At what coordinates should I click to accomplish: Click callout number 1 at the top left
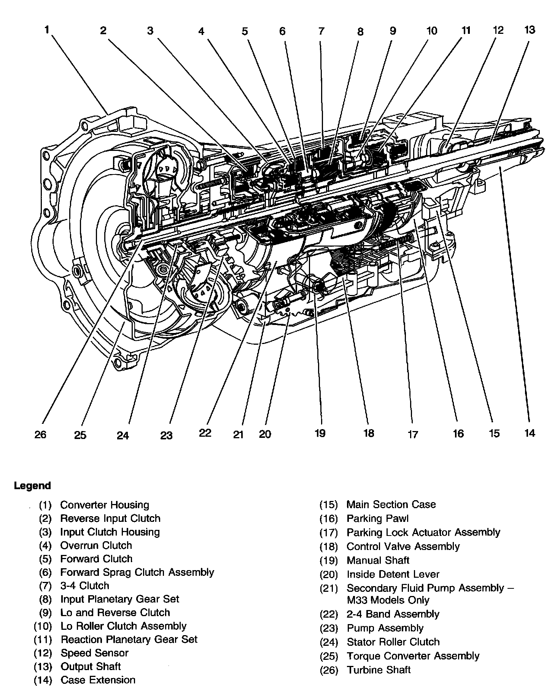pos(47,30)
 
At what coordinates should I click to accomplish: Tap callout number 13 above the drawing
pos(530,30)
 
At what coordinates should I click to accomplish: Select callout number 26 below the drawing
pos(40,434)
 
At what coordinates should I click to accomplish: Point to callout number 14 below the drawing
pos(530,433)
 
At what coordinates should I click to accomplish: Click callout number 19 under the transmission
pos(320,433)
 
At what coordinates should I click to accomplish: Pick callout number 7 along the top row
pos(321,31)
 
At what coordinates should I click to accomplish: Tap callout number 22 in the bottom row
pos(205,433)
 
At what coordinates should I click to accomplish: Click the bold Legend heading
pos(32,486)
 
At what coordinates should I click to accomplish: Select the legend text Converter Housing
pos(105,505)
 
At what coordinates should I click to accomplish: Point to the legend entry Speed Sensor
pos(94,653)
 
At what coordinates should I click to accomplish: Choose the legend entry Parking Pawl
pos(377,518)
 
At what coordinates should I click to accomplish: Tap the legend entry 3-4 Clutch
pos(84,585)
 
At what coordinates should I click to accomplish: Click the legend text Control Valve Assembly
pos(403,547)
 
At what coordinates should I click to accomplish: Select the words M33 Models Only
pos(388,600)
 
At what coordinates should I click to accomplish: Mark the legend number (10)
pos(43,626)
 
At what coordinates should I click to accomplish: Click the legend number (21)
pos(329,589)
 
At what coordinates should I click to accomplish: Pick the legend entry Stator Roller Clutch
pos(393,642)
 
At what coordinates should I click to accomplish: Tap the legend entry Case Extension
pos(98,680)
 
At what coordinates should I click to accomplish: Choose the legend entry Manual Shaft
pos(378,560)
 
